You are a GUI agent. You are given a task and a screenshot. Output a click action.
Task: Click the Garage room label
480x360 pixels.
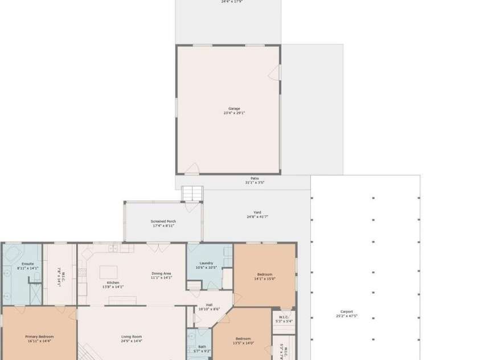pos(234,108)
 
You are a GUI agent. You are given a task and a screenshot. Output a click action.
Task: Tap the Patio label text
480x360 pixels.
pos(255,178)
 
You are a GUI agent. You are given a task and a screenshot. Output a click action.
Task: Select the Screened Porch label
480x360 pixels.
pos(163,221)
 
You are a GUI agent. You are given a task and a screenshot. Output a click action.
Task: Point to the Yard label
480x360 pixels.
pos(257,212)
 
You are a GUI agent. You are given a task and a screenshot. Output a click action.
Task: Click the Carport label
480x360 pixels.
pos(346,312)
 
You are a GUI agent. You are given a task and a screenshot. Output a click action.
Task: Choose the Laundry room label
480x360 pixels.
pos(206,263)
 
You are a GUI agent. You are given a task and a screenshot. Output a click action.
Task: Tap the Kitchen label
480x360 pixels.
pos(113,283)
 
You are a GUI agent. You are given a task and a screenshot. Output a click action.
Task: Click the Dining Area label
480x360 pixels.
pos(161,273)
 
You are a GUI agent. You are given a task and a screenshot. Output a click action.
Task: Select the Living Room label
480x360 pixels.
pos(131,337)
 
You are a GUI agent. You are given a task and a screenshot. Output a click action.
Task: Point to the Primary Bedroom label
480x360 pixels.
pos(39,337)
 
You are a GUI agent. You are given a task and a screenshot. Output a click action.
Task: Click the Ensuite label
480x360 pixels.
pos(27,264)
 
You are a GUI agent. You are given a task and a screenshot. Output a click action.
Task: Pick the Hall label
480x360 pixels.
pos(209,305)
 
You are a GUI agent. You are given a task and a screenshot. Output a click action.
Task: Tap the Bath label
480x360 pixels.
pos(202,346)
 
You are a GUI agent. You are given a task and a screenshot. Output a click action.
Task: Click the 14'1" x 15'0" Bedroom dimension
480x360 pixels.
pos(264,279)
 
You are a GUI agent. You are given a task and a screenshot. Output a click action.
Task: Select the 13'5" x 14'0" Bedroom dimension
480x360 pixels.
pos(243,343)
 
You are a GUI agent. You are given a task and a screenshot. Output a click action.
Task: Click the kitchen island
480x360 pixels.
pos(108,272)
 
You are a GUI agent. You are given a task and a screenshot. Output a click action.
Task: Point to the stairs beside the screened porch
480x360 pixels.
pos(192,194)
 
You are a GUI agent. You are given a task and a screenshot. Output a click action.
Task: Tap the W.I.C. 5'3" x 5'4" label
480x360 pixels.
pos(284,319)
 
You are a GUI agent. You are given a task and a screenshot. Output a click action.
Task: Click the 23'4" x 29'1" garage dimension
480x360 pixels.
pos(234,113)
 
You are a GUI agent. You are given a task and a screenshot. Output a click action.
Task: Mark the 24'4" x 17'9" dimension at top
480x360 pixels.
pos(232,2)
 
